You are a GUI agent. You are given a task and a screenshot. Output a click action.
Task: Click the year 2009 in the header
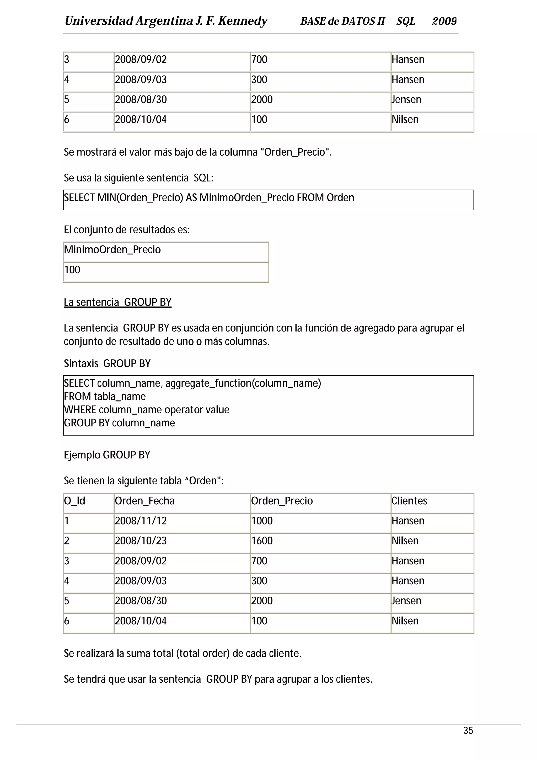point(444,21)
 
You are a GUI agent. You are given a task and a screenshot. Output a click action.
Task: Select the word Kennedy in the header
point(243,21)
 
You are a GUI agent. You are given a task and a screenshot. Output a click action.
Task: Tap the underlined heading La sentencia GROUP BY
point(117,302)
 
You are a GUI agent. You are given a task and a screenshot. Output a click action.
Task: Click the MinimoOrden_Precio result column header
point(112,250)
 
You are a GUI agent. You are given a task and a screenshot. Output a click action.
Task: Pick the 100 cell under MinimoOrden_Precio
point(72,270)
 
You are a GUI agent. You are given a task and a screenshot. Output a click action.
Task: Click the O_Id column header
point(74,501)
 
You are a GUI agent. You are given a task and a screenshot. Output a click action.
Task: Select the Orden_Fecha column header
point(144,501)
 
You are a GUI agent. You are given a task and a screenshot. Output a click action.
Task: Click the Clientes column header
point(409,501)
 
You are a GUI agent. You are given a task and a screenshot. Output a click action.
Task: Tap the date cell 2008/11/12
point(141,521)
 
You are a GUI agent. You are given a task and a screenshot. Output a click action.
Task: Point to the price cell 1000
point(262,521)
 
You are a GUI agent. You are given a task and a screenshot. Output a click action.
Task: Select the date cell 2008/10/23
point(141,541)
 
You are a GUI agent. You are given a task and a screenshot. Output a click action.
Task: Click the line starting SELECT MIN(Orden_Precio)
point(209,198)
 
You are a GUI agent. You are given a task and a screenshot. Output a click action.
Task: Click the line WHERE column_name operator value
point(147,410)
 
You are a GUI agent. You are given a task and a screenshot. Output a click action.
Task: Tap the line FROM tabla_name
point(105,397)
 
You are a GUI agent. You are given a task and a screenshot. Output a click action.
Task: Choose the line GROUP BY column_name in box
point(120,423)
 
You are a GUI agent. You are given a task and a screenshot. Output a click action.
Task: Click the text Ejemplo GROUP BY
point(107,455)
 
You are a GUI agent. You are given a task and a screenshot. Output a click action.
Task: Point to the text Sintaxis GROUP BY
point(107,363)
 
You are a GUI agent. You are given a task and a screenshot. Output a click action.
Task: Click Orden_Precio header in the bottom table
point(282,501)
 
